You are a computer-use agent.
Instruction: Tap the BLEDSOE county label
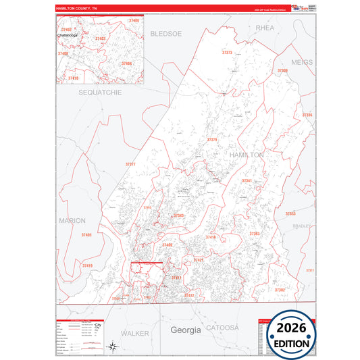166,33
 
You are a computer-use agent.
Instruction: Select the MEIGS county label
302,62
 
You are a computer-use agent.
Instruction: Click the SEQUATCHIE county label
100,92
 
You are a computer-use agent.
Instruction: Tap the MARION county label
72,220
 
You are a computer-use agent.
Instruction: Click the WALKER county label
135,334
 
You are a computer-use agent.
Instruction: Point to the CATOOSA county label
224,328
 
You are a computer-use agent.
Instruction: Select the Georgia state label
186,330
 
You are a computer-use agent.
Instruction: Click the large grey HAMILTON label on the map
247,155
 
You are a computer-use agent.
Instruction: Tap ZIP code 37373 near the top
227,52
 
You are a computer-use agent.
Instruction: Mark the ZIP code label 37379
212,140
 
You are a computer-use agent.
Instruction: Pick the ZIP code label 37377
130,164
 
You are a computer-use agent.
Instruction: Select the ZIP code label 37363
254,234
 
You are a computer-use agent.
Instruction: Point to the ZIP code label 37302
279,289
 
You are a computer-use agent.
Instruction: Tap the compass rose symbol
113,347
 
